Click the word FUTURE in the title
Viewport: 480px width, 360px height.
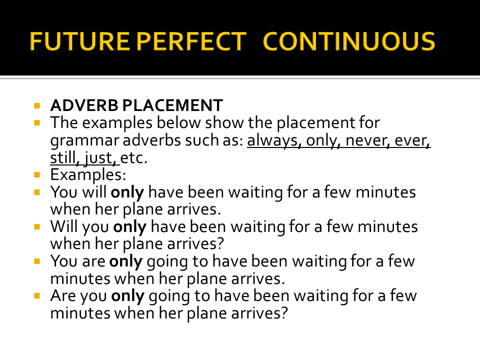pyautogui.click(x=79, y=41)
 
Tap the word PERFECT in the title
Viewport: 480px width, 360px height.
pyautogui.click(x=191, y=41)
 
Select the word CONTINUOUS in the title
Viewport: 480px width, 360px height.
pyautogui.click(x=348, y=41)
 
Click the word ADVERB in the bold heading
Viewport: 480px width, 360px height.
pyautogui.click(x=84, y=105)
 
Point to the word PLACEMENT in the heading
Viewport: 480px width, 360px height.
pyautogui.click(x=172, y=105)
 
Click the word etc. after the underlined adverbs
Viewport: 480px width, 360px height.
pyautogui.click(x=134, y=158)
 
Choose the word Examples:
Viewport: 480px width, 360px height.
pyautogui.click(x=88, y=175)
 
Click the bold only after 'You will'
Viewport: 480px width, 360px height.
pyautogui.click(x=127, y=192)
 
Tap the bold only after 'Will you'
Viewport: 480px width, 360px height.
pyautogui.click(x=130, y=227)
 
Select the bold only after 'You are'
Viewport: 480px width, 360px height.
pyautogui.click(x=126, y=261)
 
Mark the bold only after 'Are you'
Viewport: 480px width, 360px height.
pyautogui.click(x=127, y=296)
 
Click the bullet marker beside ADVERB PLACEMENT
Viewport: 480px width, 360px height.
pyautogui.click(x=37, y=106)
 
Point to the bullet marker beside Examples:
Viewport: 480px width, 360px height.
pyautogui.click(x=37, y=175)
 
